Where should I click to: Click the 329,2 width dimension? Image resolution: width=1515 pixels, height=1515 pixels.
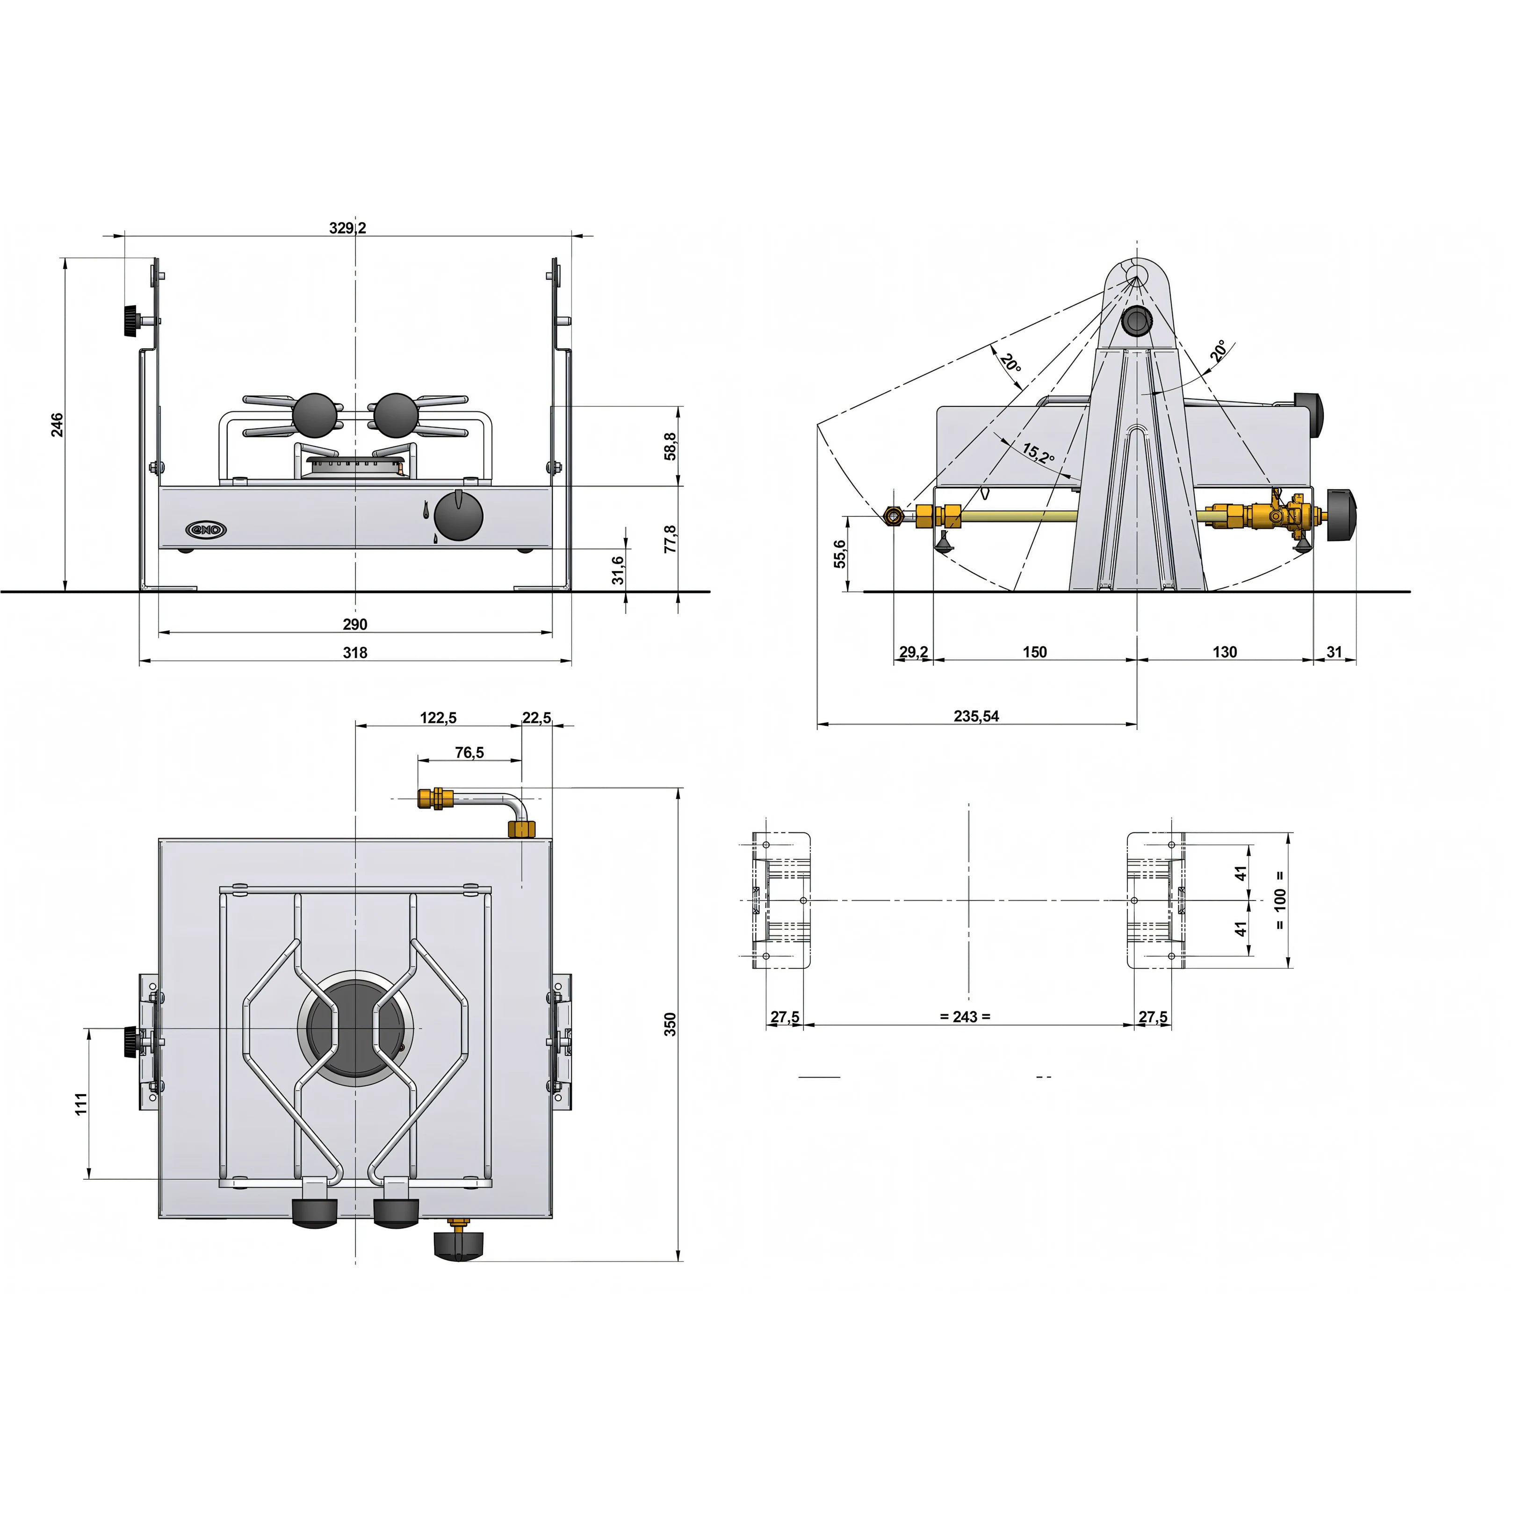click(347, 228)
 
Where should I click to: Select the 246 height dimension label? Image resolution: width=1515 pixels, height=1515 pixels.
click(57, 425)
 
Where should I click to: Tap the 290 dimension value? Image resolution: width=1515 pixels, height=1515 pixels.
click(355, 624)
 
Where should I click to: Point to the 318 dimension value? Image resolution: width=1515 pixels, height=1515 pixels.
click(355, 652)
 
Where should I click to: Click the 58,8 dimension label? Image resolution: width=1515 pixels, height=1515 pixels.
click(671, 446)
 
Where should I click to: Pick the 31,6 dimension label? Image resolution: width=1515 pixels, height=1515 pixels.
click(619, 570)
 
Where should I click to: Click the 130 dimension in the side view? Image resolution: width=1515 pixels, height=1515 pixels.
click(1225, 652)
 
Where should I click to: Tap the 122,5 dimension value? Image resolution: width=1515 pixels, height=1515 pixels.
click(438, 717)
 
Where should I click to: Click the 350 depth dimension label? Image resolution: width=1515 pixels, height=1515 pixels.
click(671, 1024)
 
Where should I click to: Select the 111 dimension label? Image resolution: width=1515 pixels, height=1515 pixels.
click(81, 1104)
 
